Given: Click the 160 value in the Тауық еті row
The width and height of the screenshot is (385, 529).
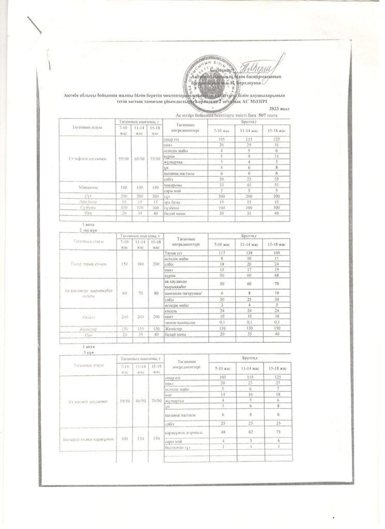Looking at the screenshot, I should (x=276, y=252).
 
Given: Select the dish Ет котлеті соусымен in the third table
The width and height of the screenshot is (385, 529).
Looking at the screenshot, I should (x=87, y=401).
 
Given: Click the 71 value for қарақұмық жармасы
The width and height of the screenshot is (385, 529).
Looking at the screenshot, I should (x=276, y=432).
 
